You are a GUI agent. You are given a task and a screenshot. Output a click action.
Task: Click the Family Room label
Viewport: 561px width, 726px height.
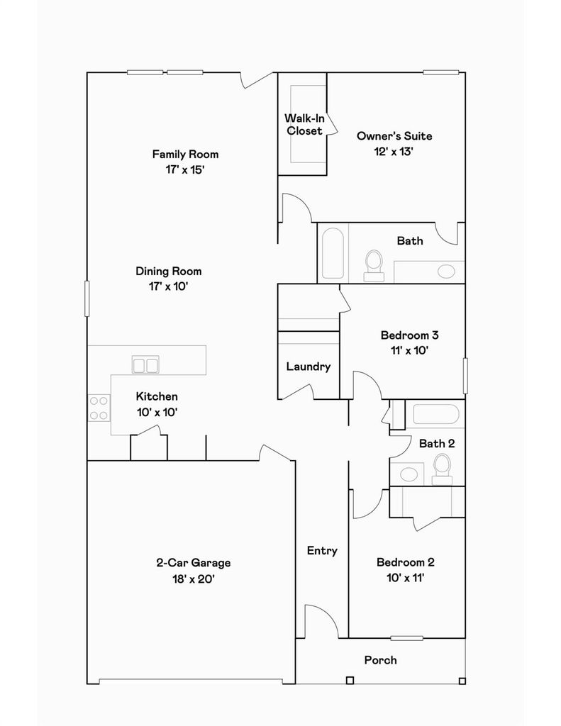pyautogui.click(x=185, y=154)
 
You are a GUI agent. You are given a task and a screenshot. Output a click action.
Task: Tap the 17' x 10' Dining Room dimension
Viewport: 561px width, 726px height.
pyautogui.click(x=168, y=286)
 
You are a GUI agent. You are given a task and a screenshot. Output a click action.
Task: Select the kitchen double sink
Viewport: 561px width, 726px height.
pyautogui.click(x=145, y=364)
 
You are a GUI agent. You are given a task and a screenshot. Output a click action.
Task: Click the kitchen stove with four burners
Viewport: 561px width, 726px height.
pyautogui.click(x=99, y=408)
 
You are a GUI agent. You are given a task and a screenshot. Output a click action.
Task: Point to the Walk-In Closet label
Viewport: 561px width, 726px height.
pyautogui.click(x=304, y=125)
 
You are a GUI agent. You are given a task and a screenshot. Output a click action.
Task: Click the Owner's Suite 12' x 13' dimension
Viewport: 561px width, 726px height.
pyautogui.click(x=394, y=152)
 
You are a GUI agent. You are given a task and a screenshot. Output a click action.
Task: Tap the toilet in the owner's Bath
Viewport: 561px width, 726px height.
pyautogui.click(x=374, y=265)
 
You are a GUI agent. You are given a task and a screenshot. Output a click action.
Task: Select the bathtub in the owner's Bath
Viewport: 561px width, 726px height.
pyautogui.click(x=333, y=253)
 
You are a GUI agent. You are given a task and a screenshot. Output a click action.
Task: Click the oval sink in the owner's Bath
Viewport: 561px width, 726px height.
pyautogui.click(x=446, y=272)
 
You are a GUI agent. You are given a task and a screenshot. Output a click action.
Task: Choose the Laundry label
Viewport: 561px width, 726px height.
pyautogui.click(x=309, y=367)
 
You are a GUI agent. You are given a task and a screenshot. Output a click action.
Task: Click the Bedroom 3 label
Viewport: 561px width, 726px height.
pyautogui.click(x=409, y=335)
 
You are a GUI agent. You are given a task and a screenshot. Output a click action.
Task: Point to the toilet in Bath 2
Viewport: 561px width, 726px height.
pyautogui.click(x=442, y=469)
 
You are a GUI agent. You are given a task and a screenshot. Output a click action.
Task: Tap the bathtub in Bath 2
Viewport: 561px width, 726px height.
pyautogui.click(x=436, y=414)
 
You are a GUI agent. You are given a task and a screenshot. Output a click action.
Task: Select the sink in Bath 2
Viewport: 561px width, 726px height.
pyautogui.click(x=409, y=474)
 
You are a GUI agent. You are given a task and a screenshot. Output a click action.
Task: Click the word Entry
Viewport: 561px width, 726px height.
pyautogui.click(x=322, y=550)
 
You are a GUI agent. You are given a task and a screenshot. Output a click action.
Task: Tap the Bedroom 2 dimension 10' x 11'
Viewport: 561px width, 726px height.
pyautogui.click(x=406, y=578)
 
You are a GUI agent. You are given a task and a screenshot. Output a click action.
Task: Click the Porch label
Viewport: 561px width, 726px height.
pyautogui.click(x=380, y=660)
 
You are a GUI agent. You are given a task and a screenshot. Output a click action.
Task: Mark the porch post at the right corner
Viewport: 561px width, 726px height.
pyautogui.click(x=462, y=681)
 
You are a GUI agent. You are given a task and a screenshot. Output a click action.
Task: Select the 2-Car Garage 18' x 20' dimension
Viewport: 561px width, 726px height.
pyautogui.click(x=194, y=579)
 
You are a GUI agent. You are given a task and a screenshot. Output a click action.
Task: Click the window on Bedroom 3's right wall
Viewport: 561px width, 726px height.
pyautogui.click(x=465, y=376)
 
